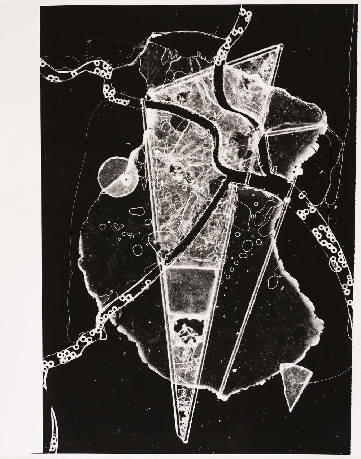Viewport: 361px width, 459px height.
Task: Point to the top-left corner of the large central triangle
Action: [x=143, y=100]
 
